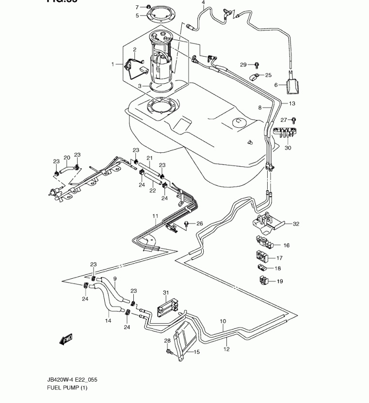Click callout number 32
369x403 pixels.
click(296, 224)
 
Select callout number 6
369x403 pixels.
click(276, 85)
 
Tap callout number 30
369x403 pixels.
click(288, 148)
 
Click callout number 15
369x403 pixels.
click(197, 352)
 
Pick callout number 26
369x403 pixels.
click(199, 224)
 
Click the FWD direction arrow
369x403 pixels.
click(66, 340)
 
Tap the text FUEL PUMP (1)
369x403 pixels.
click(67, 388)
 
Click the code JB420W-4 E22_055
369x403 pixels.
click(75, 380)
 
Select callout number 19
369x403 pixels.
click(280, 281)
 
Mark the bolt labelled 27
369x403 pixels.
click(294, 120)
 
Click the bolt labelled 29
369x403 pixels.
click(257, 64)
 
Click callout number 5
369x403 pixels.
click(137, 15)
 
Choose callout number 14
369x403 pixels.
click(108, 320)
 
